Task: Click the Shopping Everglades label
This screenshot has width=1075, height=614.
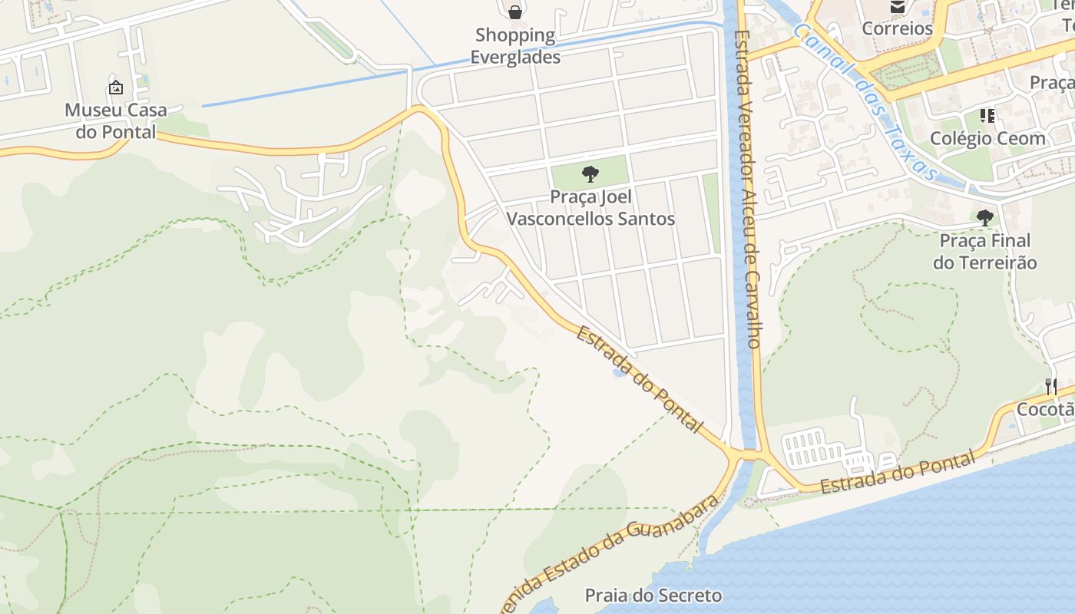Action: (514, 46)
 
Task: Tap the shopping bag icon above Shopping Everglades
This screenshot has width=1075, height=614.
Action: (515, 12)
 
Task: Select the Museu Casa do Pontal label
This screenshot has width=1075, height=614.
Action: (115, 120)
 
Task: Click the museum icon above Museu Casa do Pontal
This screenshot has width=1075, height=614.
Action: (115, 87)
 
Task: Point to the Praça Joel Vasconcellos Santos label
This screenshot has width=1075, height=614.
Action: (590, 208)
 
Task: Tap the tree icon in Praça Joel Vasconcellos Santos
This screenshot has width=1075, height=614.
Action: (590, 174)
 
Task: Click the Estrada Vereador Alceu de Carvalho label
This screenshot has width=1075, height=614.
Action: (747, 188)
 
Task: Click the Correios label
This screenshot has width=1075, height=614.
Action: (897, 28)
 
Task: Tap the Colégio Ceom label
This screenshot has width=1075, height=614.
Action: (987, 139)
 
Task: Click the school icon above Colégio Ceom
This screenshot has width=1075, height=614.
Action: (987, 116)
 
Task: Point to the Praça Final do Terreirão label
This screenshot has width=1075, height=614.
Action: (984, 252)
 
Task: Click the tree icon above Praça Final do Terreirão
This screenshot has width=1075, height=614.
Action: (984, 218)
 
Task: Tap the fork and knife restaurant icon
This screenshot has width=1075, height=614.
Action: (1050, 386)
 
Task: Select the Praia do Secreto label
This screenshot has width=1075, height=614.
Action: (653, 596)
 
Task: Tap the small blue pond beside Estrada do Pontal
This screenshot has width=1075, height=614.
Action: (618, 373)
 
